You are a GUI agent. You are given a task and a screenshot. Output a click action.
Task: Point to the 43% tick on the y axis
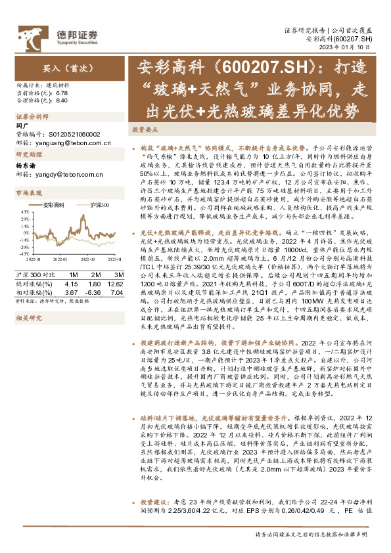24,211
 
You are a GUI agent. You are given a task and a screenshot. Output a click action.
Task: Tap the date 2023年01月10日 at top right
352,47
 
